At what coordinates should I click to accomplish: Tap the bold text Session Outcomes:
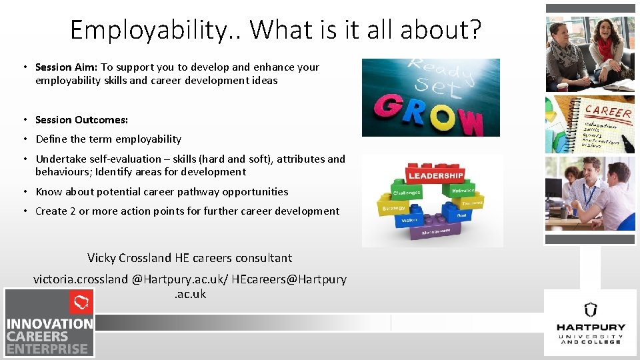pos(81,120)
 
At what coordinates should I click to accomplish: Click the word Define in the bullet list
pos(51,139)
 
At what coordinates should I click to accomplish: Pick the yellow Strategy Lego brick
pos(393,208)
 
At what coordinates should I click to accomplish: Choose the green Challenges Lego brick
pos(407,193)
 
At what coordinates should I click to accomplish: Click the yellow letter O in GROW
pos(443,117)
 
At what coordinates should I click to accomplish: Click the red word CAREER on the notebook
pos(608,111)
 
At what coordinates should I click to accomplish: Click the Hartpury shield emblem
pos(590,309)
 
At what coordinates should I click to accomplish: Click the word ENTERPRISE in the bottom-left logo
pos(47,349)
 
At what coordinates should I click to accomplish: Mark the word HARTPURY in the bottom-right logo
pos(591,327)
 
